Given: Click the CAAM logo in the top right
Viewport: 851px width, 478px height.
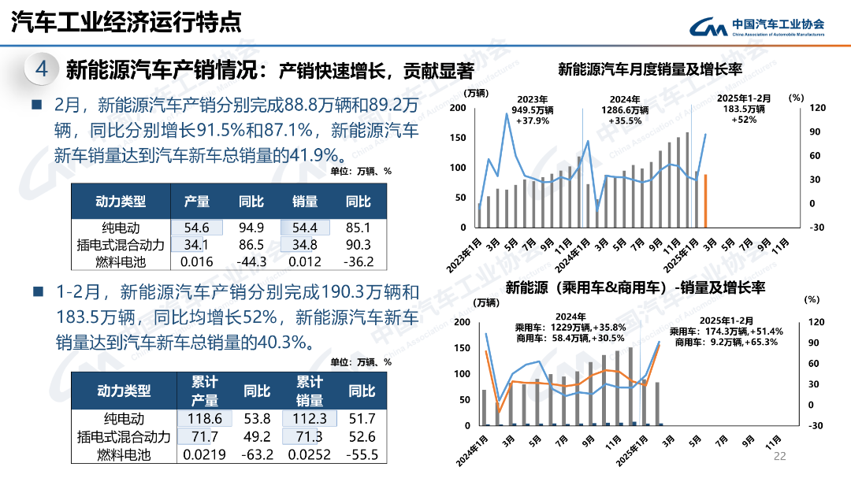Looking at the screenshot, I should pyautogui.click(x=756, y=28).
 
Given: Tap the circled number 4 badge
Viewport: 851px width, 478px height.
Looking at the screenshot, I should pyautogui.click(x=42, y=70).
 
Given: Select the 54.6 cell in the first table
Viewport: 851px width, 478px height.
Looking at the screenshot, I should pyautogui.click(x=197, y=228).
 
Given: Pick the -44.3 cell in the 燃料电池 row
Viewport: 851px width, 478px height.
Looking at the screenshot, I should pyautogui.click(x=251, y=261).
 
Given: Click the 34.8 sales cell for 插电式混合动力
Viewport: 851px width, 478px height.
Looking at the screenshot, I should pyautogui.click(x=304, y=245).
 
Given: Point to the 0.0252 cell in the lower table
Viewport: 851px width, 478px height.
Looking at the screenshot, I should pyautogui.click(x=310, y=454).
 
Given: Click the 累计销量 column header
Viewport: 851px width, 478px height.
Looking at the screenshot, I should pyautogui.click(x=310, y=391).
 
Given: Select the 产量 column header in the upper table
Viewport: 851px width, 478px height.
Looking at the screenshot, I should pyautogui.click(x=197, y=202).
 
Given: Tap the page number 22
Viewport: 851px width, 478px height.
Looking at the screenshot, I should pyautogui.click(x=780, y=456).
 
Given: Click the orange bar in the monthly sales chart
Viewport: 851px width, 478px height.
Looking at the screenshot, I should pyautogui.click(x=705, y=201).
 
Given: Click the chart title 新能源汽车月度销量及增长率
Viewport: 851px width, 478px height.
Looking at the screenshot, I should pyautogui.click(x=650, y=69).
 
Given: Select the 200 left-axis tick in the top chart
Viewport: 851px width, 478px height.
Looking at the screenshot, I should pyautogui.click(x=457, y=107).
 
